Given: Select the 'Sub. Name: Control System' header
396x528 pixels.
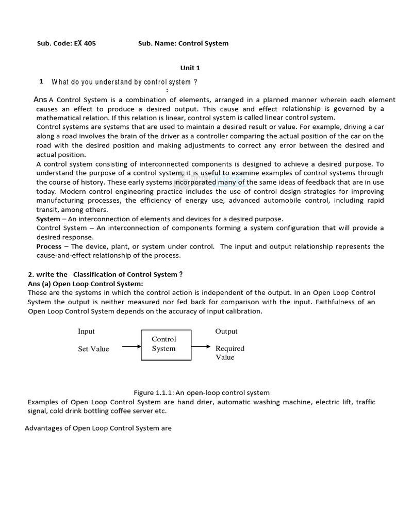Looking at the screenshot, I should point(183,43).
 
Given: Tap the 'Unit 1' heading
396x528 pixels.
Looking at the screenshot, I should point(190,68).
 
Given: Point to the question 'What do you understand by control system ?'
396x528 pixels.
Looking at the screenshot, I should point(124,82).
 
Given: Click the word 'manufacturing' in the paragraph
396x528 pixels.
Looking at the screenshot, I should point(58,201).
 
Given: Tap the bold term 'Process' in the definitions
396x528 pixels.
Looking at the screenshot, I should point(49,246).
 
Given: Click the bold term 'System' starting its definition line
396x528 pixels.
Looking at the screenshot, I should point(48,219).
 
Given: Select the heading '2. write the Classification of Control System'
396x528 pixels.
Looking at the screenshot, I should point(105,274).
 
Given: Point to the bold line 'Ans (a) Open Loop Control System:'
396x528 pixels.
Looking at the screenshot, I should point(85,284).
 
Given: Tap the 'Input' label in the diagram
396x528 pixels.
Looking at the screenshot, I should point(86,332).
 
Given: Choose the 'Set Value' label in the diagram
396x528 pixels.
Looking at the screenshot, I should point(93,349).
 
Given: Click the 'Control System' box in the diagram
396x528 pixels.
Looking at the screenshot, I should point(166,344).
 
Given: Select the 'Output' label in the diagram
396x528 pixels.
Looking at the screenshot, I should point(226,332).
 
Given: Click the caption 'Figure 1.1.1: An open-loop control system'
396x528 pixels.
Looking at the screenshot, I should point(202,393).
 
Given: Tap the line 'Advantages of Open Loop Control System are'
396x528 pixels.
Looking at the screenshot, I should point(98,428).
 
